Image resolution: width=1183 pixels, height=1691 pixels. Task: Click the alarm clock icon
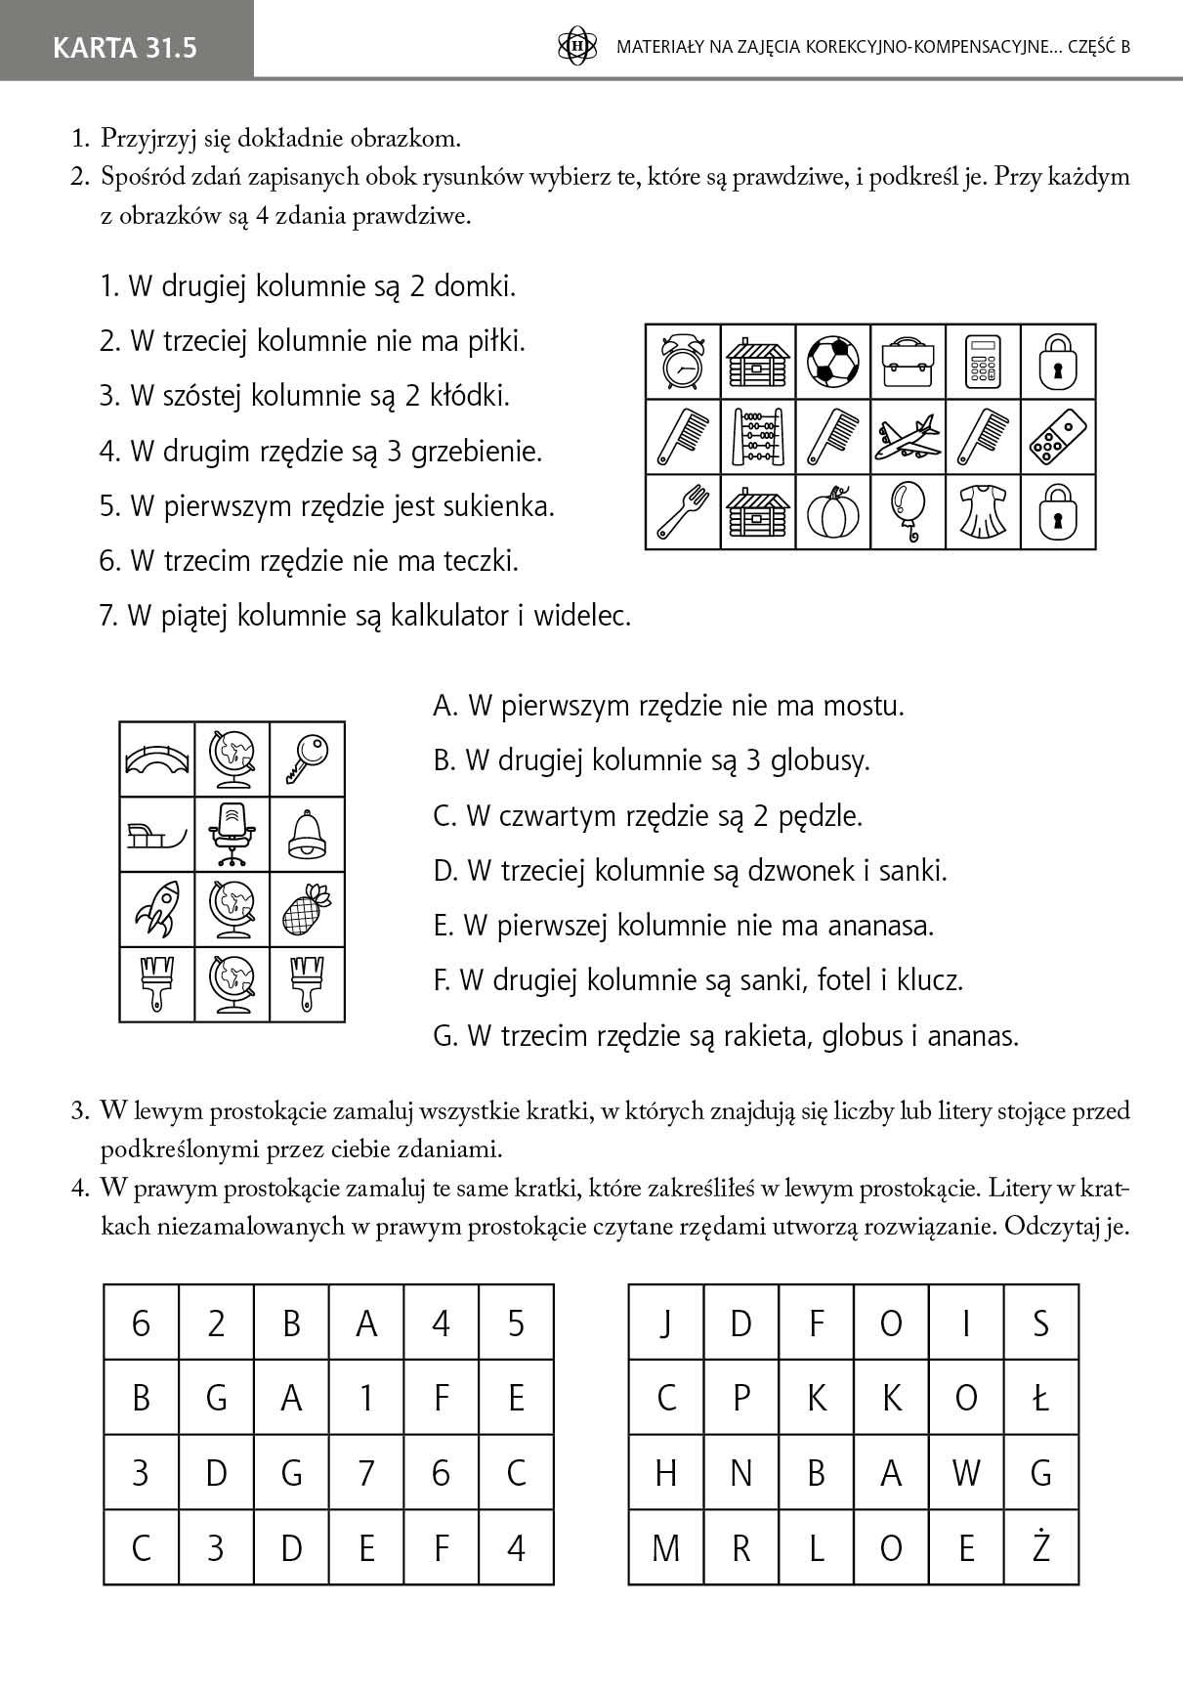(x=682, y=362)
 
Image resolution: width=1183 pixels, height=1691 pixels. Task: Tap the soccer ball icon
(x=832, y=362)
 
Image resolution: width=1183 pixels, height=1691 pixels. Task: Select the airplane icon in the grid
(x=908, y=436)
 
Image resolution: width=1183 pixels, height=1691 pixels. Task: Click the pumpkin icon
(x=832, y=511)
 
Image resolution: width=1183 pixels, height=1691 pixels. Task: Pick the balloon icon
(x=908, y=511)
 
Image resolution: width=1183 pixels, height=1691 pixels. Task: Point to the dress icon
(x=983, y=511)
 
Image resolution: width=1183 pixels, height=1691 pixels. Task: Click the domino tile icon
(x=1058, y=436)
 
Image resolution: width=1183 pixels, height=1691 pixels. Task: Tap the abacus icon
(x=757, y=436)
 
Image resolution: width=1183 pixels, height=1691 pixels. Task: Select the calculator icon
(x=983, y=362)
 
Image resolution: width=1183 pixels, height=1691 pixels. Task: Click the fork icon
(x=682, y=511)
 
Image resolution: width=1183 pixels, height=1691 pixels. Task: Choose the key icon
(x=307, y=759)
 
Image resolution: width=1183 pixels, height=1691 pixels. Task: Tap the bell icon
(x=307, y=834)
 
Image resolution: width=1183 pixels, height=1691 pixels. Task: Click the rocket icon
(x=156, y=908)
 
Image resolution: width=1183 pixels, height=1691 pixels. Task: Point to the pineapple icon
(x=307, y=908)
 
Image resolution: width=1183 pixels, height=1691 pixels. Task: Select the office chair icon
(x=232, y=834)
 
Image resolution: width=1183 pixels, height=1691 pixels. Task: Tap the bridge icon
(x=156, y=759)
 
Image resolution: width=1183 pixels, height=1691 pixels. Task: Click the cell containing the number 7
(x=366, y=1472)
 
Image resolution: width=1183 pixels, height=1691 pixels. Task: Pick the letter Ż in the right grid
(x=1041, y=1547)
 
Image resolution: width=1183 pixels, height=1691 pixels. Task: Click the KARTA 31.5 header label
(x=125, y=47)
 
